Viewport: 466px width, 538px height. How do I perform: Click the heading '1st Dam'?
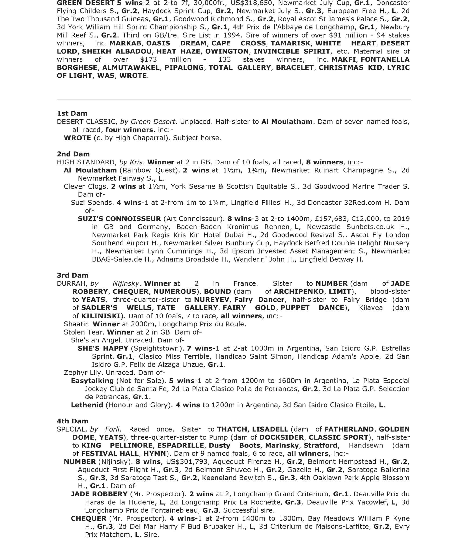click(x=72, y=113)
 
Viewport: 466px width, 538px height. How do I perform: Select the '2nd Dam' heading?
click(x=73, y=154)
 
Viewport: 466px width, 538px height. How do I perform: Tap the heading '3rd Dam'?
click(x=72, y=275)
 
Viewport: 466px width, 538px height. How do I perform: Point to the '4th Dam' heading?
click(x=72, y=421)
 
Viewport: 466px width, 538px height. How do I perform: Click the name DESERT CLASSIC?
click(x=86, y=122)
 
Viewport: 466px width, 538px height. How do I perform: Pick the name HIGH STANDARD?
click(x=86, y=162)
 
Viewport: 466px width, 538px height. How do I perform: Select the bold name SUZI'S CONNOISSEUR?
click(x=119, y=219)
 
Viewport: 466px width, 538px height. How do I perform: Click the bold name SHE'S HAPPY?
click(x=103, y=348)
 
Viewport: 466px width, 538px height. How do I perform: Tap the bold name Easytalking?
click(x=92, y=381)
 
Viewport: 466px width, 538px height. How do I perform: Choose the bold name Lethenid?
click(x=87, y=405)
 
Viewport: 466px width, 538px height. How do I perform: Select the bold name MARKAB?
click(x=126, y=43)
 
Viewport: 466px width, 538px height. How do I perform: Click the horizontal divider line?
click(x=233, y=99)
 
